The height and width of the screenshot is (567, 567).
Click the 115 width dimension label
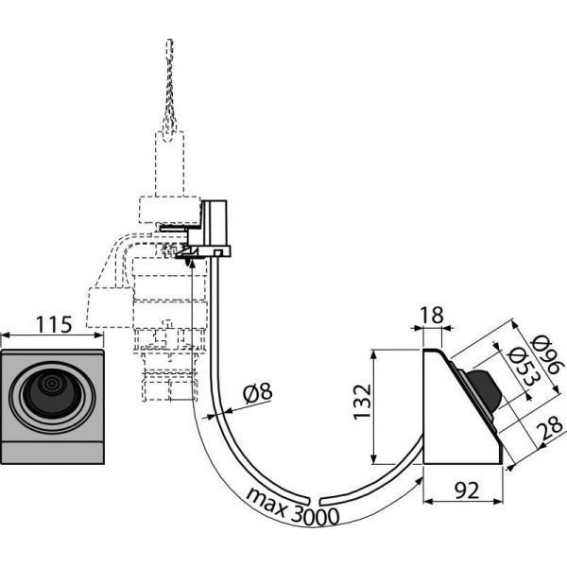pyautogui.click(x=54, y=325)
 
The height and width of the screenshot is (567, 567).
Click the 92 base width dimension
pyautogui.click(x=462, y=493)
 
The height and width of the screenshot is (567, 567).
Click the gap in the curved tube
pyautogui.click(x=316, y=499)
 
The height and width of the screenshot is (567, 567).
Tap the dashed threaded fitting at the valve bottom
pyautogui.click(x=170, y=387)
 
